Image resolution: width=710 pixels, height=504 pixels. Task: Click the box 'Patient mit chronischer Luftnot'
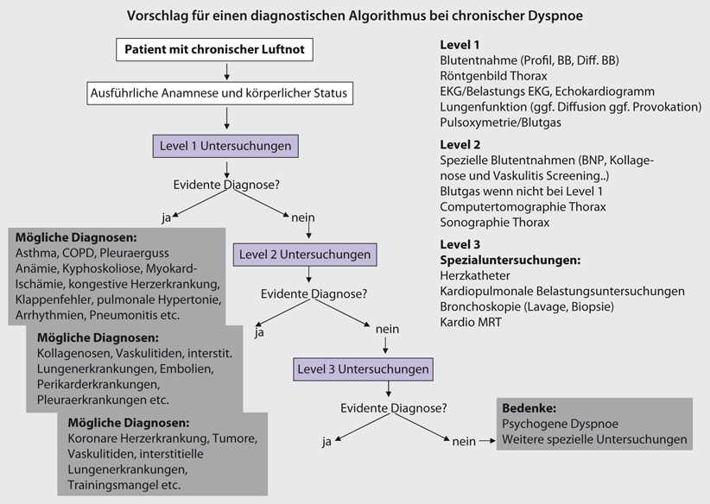213,49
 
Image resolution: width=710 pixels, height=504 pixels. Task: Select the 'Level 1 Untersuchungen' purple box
225,145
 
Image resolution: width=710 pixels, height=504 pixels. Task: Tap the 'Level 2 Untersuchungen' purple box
305,255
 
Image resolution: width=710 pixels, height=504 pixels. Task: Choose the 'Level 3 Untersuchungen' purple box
362,369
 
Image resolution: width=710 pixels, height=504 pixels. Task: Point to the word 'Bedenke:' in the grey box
529,407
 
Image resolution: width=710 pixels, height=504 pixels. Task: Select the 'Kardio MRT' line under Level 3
472,323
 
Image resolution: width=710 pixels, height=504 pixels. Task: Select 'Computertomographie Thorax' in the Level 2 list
523,207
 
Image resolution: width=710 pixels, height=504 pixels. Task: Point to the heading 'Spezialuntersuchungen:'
510,259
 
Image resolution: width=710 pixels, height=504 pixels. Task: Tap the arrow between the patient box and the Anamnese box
225,71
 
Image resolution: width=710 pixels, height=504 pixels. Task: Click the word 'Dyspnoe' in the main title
561,16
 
